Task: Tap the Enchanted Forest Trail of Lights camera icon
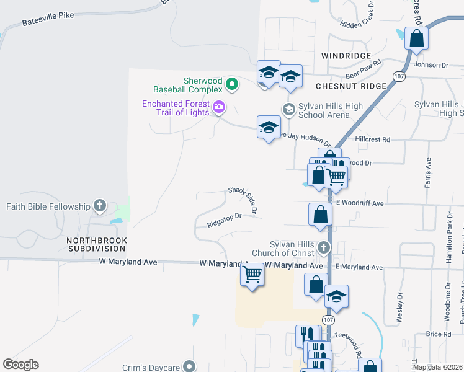pos(218,107)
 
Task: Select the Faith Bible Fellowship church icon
pos(100,206)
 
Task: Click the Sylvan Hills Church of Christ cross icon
pos(323,248)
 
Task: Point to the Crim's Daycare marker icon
pos(189,367)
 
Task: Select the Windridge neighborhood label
pos(346,56)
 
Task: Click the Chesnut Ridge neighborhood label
pos(351,86)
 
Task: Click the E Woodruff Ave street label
pos(360,203)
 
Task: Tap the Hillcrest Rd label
pos(373,140)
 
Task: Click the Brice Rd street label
pos(439,334)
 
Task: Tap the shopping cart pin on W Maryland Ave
pos(252,273)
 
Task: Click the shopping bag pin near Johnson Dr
pos(416,38)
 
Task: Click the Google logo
pos(21,365)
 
